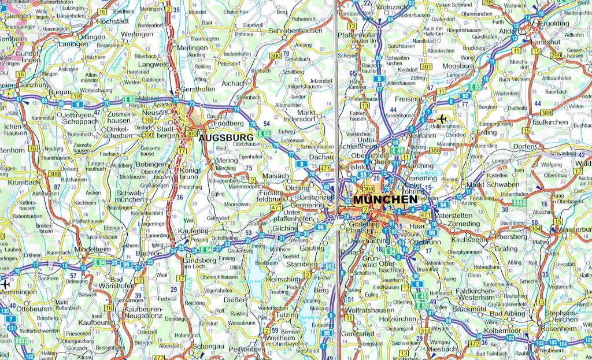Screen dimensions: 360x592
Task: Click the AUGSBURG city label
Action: [226, 138]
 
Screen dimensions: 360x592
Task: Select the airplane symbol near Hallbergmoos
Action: [443, 119]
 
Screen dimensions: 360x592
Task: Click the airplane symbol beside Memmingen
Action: [5, 284]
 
